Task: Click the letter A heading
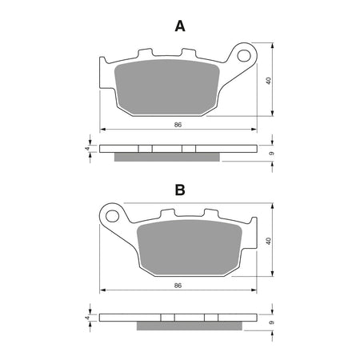tap(180, 26)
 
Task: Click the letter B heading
tap(180, 190)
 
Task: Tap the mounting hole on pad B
tap(114, 214)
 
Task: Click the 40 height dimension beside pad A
tap(270, 80)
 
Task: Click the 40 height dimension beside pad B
tap(270, 240)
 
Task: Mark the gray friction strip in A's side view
tap(166, 156)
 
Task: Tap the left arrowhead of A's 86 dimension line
tap(102, 130)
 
